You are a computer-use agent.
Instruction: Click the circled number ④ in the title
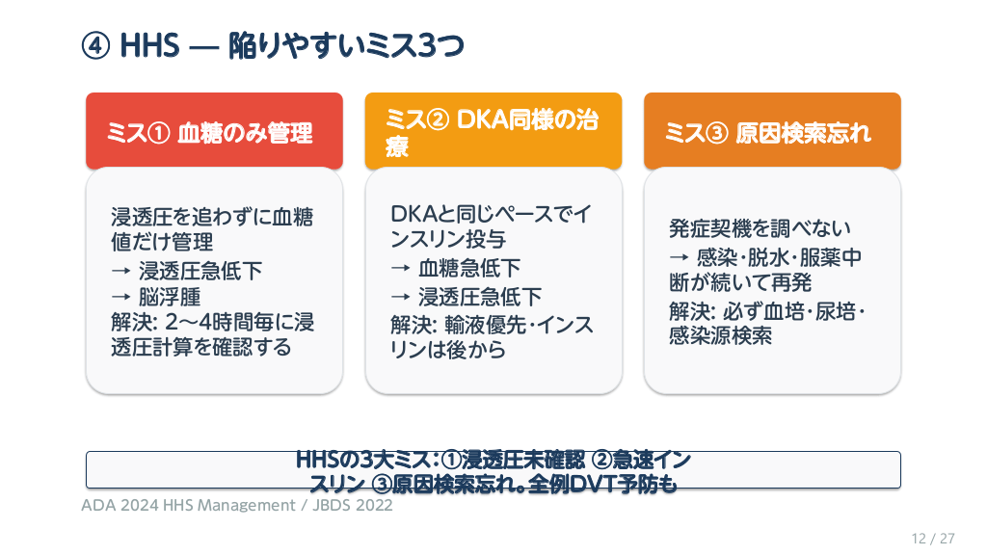95,46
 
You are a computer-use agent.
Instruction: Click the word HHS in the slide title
149,46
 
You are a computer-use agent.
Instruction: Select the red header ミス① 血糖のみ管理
214,131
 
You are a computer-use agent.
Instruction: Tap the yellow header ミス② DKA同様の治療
493,131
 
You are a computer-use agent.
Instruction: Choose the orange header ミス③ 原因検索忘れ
772,131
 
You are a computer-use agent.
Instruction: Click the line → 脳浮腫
156,297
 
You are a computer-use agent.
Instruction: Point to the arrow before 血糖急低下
400,268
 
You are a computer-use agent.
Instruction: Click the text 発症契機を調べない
760,227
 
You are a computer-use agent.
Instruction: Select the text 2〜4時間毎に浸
240,322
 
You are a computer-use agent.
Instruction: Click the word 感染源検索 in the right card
720,335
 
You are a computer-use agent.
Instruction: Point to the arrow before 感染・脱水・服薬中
680,257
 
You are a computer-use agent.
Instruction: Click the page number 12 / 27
933,539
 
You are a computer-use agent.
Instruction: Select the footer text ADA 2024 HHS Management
188,505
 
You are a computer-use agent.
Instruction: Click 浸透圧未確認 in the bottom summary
523,460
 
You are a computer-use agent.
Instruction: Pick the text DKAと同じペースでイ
491,214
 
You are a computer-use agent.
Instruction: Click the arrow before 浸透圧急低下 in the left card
120,271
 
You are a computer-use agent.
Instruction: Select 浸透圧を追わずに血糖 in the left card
212,217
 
